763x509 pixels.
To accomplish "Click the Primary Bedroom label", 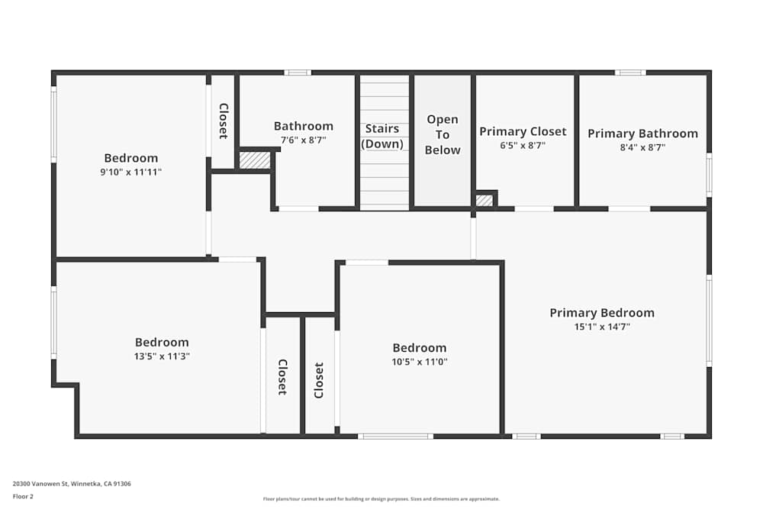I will point(602,313).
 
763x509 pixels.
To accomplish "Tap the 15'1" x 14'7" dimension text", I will point(602,327).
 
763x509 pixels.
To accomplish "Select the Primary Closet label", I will point(523,131).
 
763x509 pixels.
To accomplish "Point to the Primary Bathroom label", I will point(642,134).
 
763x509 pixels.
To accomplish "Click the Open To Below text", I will point(443,134).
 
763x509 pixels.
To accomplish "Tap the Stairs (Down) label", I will point(381,136).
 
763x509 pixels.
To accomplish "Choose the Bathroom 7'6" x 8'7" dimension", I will point(303,140).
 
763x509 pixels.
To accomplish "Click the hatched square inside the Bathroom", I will point(254,160).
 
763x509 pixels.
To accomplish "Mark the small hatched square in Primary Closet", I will point(484,201).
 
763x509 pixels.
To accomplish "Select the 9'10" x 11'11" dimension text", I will point(131,172).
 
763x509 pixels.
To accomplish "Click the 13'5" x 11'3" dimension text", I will point(162,356).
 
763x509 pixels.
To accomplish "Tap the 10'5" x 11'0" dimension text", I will point(420,362).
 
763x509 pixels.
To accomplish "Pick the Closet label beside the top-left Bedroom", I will point(223,121).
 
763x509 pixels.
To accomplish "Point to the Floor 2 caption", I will point(23,496).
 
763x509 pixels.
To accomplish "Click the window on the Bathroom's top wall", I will point(298,72).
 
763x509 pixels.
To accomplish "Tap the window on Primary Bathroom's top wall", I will point(629,72).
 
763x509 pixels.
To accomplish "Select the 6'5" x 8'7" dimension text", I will point(523,145).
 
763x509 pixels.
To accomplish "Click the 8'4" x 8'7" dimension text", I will point(642,147).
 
